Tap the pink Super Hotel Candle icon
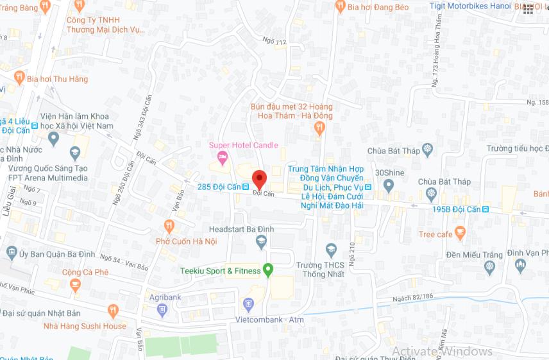pyautogui.click(x=223, y=157)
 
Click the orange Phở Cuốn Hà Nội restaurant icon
pyautogui.click(x=169, y=226)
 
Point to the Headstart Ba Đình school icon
pyautogui.click(x=260, y=242)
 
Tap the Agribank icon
pyautogui.click(x=162, y=310)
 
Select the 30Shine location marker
pyautogui.click(x=388, y=185)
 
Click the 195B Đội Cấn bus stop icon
pyautogui.click(x=486, y=209)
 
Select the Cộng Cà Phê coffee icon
pyautogui.click(x=75, y=284)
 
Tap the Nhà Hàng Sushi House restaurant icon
pyautogui.click(x=114, y=311)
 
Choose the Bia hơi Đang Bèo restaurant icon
pyautogui.click(x=340, y=6)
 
